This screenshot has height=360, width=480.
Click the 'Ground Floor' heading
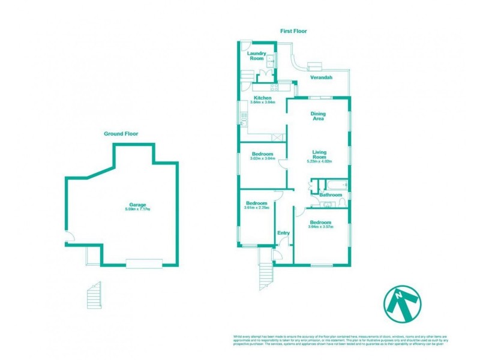(x=121, y=134)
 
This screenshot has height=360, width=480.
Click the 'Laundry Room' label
(x=257, y=56)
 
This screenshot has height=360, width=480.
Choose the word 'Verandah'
(x=322, y=78)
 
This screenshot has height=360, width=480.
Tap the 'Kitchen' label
(x=263, y=98)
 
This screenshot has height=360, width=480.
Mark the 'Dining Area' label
(x=317, y=116)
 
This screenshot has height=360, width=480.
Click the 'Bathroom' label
(x=331, y=195)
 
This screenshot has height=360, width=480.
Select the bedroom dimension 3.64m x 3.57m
(x=320, y=227)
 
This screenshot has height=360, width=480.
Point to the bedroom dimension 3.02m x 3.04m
(x=262, y=158)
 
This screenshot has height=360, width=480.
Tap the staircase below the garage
(x=94, y=296)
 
